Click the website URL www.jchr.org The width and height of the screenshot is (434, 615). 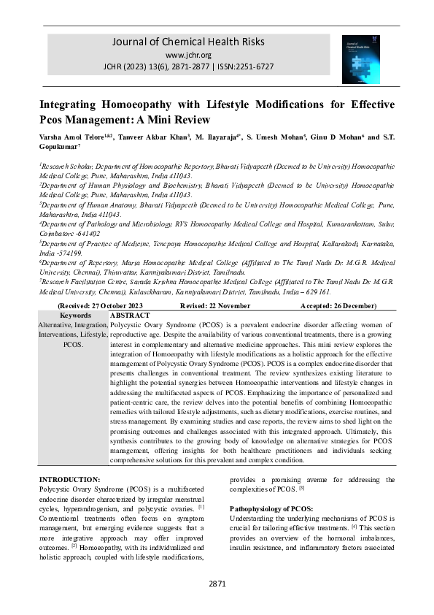(x=188, y=55)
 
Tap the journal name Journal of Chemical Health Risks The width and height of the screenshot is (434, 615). (x=188, y=42)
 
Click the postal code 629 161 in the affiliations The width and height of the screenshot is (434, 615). (x=316, y=291)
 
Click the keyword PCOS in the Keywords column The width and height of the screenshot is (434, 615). (x=73, y=343)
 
